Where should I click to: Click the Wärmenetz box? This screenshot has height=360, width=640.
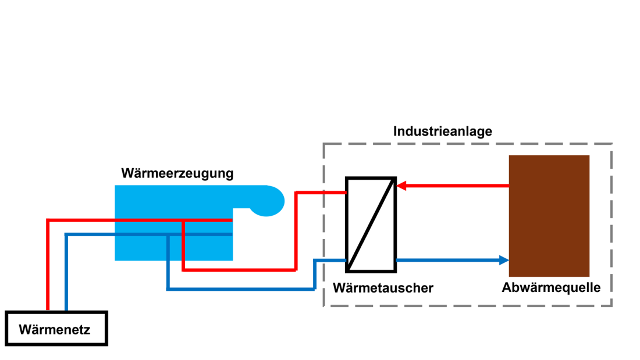tap(56, 329)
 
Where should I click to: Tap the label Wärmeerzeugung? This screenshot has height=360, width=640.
tap(177, 173)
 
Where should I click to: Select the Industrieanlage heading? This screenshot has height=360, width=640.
tap(442, 131)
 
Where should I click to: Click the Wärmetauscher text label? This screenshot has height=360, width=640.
tap(383, 288)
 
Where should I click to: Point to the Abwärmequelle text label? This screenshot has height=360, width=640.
tap(551, 287)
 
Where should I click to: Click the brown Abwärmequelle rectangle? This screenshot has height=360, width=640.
tap(549, 215)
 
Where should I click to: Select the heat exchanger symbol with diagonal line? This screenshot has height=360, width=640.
tap(371, 224)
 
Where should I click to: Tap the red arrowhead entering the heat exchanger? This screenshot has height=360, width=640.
tap(401, 186)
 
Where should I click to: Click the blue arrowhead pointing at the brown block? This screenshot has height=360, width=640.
tap(504, 260)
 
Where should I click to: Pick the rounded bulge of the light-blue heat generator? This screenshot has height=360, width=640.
tap(269, 201)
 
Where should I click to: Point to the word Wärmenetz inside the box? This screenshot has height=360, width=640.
tap(55, 330)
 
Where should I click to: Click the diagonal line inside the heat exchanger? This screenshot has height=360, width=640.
tap(371, 224)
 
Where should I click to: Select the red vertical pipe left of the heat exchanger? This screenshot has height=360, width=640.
tap(296, 233)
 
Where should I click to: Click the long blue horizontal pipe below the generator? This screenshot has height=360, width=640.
tap(239, 288)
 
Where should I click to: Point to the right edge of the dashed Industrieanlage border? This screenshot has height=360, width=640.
tap(611, 224)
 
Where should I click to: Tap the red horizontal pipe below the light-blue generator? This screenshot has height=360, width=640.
tap(239, 270)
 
